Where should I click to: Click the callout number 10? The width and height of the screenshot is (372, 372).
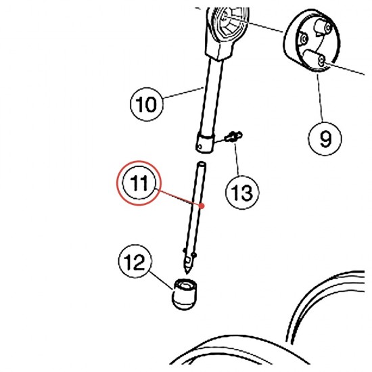(x=147, y=104)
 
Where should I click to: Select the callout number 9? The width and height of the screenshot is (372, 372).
(x=325, y=139)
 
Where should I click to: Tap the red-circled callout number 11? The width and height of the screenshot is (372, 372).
(x=139, y=183)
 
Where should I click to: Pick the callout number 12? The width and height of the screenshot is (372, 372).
(x=135, y=261)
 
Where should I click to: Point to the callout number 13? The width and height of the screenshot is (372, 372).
(x=242, y=192)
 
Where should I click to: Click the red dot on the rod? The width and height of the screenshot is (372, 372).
(x=202, y=206)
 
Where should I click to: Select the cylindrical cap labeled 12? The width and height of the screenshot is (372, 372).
(x=185, y=294)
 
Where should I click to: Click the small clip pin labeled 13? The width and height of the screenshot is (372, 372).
(x=234, y=137)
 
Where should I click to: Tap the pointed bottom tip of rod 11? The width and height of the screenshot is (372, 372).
(x=187, y=273)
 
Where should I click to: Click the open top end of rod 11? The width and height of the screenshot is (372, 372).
(x=202, y=164)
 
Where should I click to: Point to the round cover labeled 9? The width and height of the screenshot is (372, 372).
(x=311, y=41)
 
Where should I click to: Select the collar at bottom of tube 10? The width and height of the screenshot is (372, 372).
(x=206, y=143)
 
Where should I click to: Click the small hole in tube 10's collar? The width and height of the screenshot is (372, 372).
(x=200, y=147)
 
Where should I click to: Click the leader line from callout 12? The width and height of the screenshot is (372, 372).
(x=162, y=281)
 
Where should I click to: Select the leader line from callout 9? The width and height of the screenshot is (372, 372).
(x=320, y=98)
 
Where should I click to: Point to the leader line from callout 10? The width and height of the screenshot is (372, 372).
(x=183, y=93)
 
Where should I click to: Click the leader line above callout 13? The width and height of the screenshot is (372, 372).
(x=237, y=159)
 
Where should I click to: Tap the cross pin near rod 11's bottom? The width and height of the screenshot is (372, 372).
(x=189, y=252)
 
